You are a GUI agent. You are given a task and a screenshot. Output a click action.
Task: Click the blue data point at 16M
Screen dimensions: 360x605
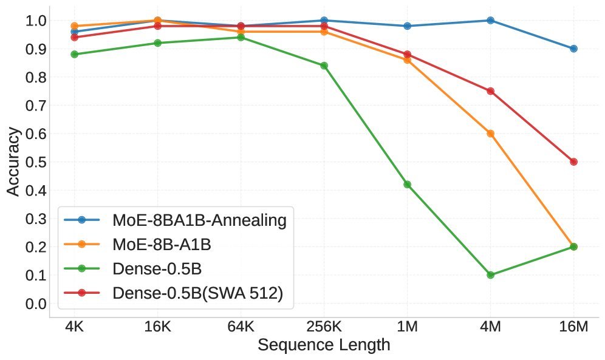click(573, 49)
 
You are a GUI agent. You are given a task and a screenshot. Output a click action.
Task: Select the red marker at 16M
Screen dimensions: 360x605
click(573, 161)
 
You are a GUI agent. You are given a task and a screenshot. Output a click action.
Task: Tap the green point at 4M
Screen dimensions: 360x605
click(490, 275)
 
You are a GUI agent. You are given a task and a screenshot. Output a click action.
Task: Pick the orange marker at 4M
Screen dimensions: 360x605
click(490, 134)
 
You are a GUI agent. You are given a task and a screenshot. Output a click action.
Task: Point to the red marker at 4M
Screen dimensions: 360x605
click(490, 91)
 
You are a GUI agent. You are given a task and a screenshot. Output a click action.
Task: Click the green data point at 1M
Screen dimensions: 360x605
click(407, 185)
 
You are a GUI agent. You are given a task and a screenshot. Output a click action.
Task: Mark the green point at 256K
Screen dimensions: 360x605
click(324, 66)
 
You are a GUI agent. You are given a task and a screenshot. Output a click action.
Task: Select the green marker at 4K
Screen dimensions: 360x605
click(74, 54)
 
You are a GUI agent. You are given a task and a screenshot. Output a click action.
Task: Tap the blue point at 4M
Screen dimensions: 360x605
click(490, 20)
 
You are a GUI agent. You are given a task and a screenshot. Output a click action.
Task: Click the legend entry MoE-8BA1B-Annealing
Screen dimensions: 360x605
click(199, 220)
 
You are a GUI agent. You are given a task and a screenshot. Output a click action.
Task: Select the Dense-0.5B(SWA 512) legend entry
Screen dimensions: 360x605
click(197, 293)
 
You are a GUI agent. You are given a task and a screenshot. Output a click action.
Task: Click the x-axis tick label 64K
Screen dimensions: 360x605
click(241, 327)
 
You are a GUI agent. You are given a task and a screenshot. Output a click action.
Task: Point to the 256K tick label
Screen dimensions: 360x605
click(324, 327)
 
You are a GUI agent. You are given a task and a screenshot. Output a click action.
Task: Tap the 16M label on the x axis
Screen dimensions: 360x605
click(573, 327)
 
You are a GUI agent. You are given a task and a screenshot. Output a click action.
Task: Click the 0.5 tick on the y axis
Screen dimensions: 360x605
click(36, 162)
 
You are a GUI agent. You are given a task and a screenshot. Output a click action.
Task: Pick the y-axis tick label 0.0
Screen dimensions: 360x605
click(36, 304)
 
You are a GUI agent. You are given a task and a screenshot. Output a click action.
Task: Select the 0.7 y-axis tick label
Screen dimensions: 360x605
click(36, 106)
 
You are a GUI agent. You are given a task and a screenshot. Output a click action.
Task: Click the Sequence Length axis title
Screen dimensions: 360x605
click(324, 346)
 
